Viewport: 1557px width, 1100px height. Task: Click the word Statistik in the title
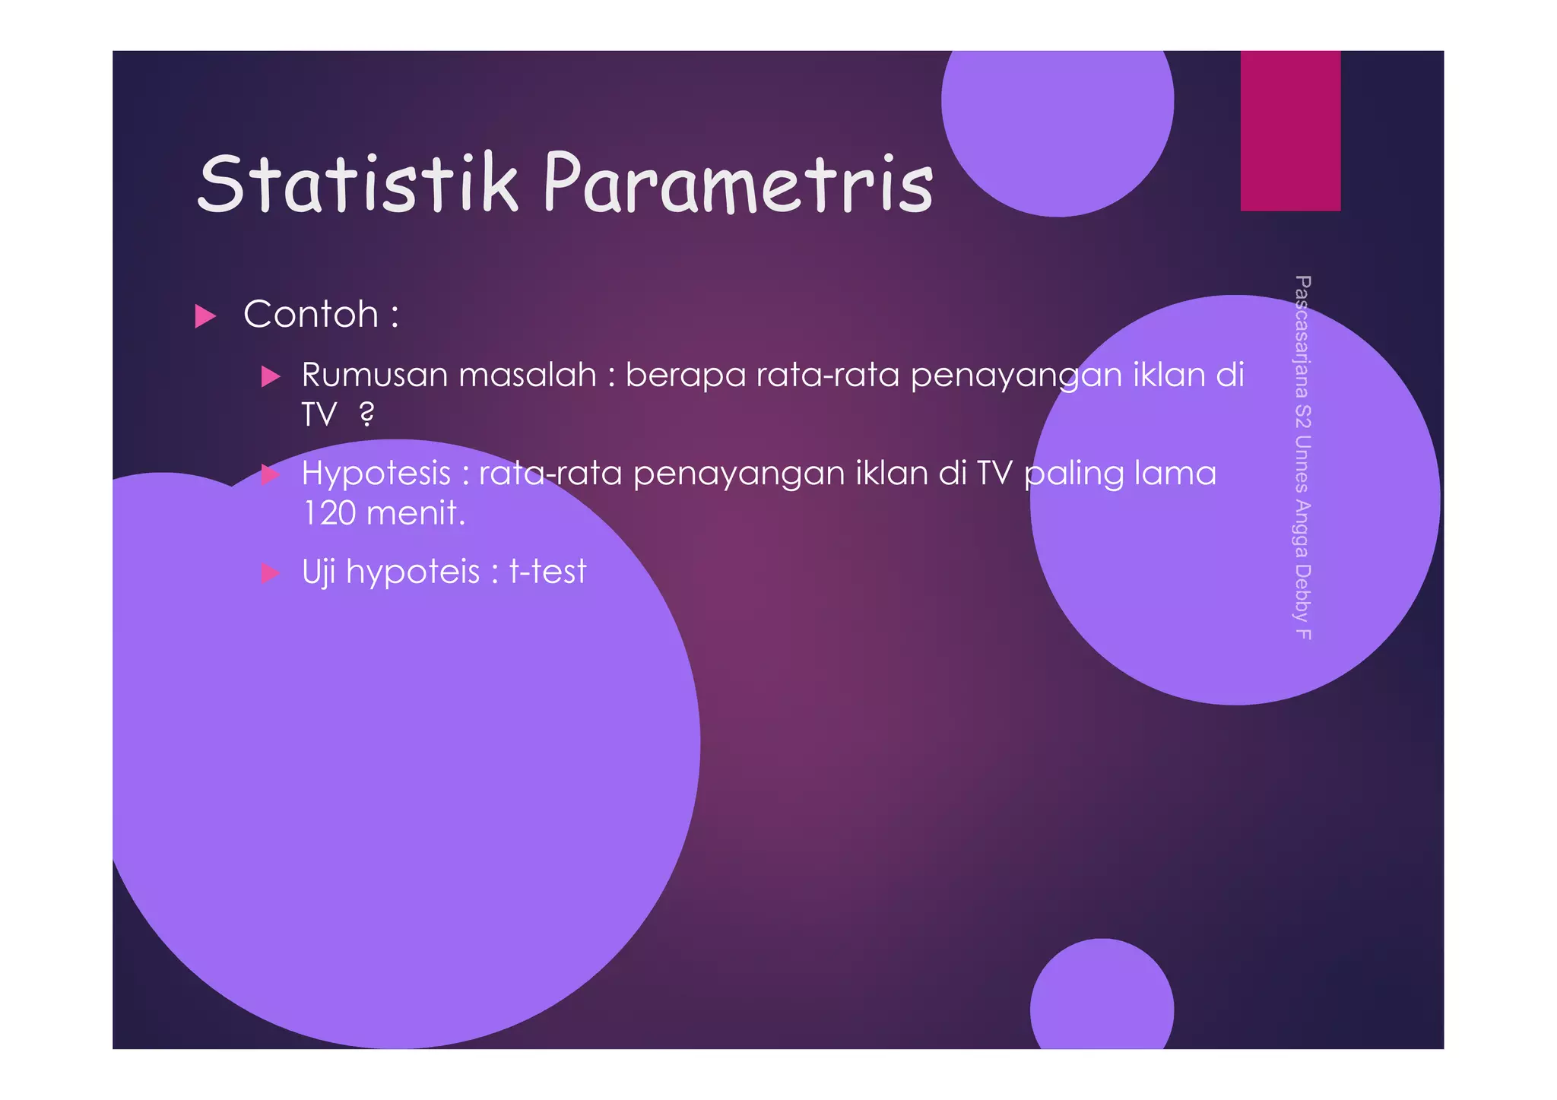[357, 184]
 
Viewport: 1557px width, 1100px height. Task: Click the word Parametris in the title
[737, 184]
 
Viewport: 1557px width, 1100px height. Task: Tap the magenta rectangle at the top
[1290, 131]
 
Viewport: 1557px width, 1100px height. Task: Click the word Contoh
[311, 315]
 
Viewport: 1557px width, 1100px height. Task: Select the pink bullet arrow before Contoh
[205, 315]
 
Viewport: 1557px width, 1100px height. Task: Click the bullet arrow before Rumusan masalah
[271, 376]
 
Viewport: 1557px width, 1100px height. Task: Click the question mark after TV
[366, 414]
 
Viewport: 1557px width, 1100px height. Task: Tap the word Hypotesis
[376, 474]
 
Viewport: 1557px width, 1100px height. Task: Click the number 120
[329, 513]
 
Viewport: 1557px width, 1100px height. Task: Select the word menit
[414, 513]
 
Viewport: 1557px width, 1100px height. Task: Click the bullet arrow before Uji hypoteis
[271, 572]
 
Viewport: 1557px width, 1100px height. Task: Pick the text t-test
[547, 572]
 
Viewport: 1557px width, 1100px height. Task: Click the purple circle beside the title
[1057, 122]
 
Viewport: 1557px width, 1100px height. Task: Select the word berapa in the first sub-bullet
[685, 376]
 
